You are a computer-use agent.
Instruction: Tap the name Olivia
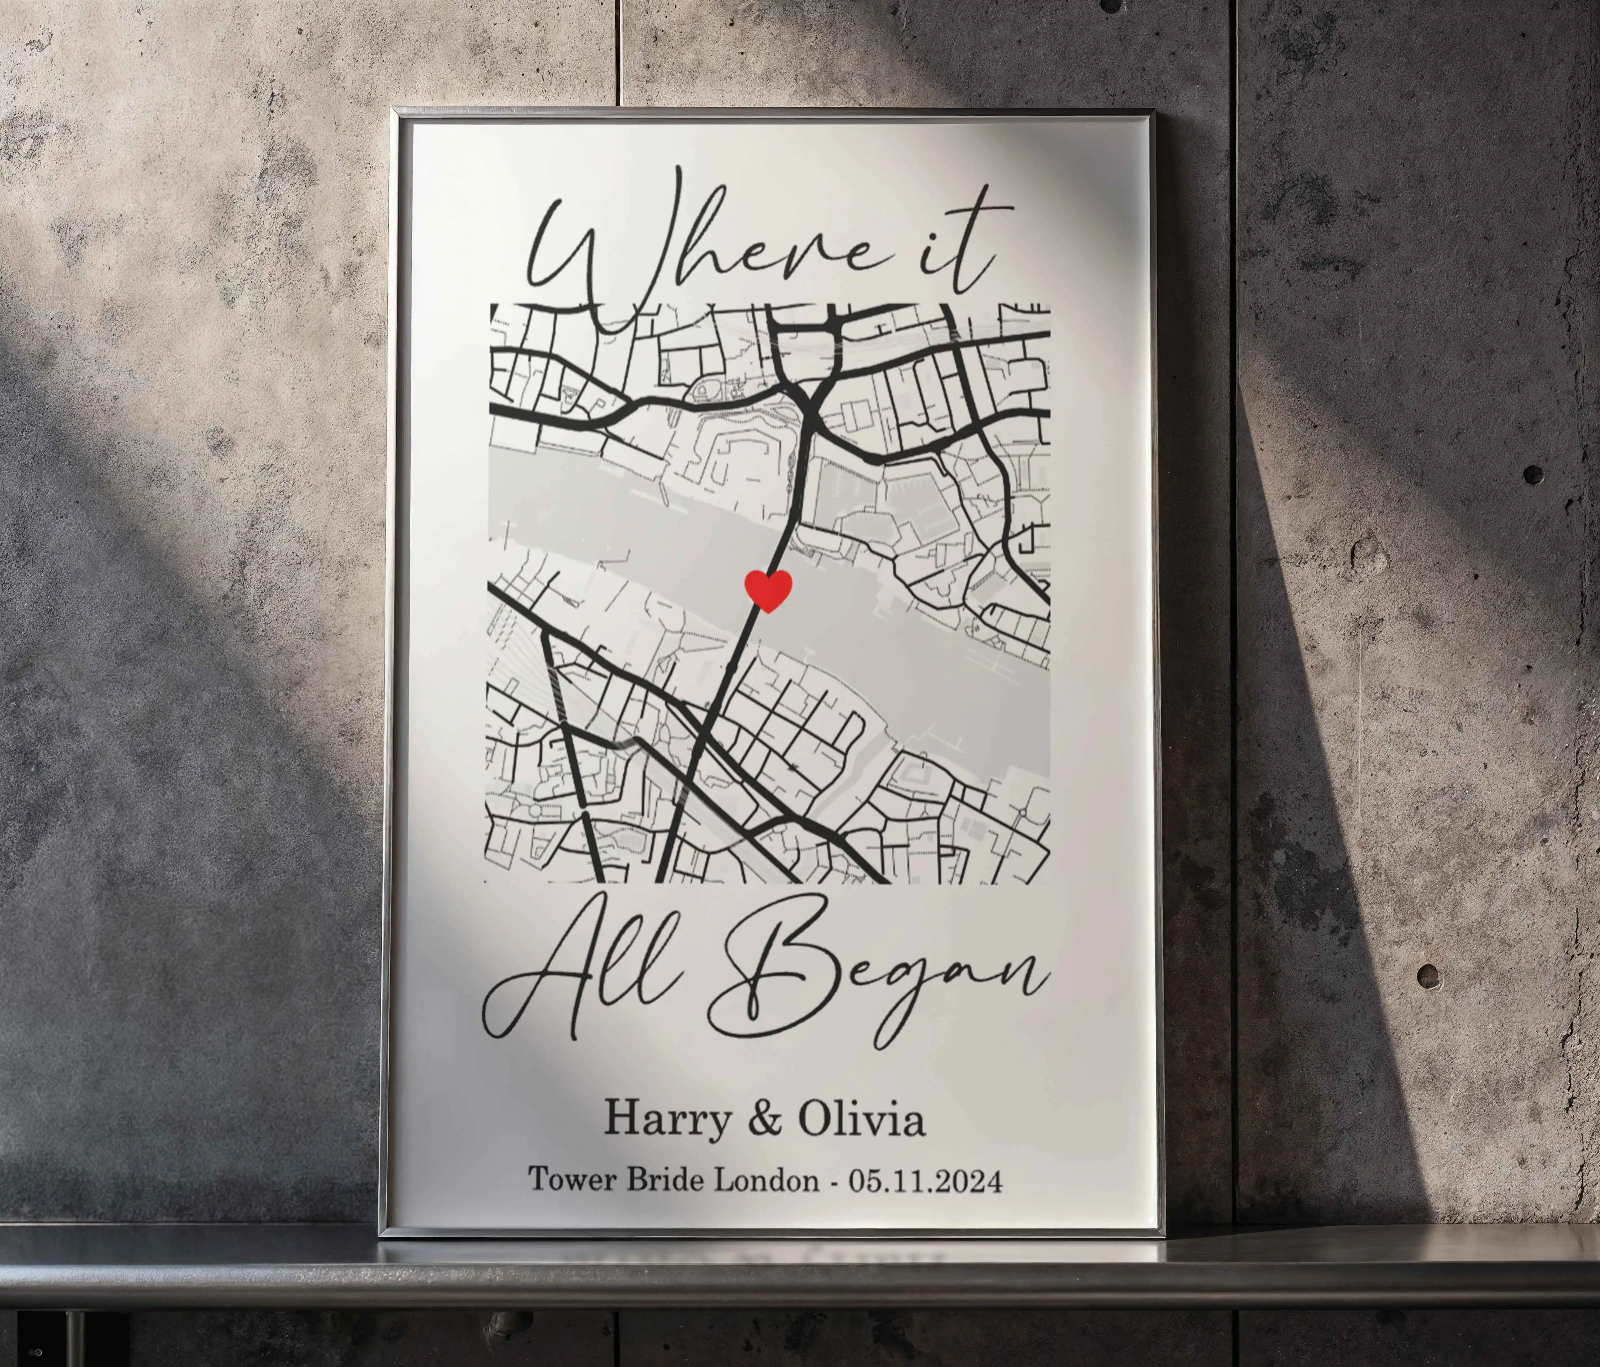coord(861,1118)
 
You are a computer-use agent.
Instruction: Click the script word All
coord(587,973)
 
